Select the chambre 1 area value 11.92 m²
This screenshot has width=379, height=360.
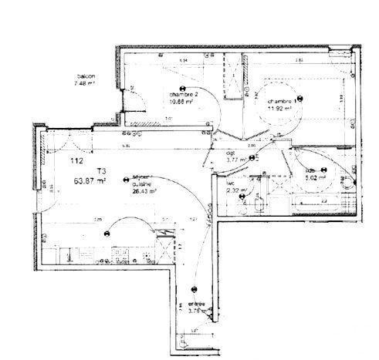tap(279, 109)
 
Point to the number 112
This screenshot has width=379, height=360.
tap(76, 161)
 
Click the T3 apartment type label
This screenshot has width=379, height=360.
tap(100, 171)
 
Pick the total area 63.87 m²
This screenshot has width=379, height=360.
tap(90, 181)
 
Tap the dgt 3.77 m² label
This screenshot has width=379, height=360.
tap(236, 157)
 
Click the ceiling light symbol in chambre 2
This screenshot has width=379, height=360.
tap(183, 87)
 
